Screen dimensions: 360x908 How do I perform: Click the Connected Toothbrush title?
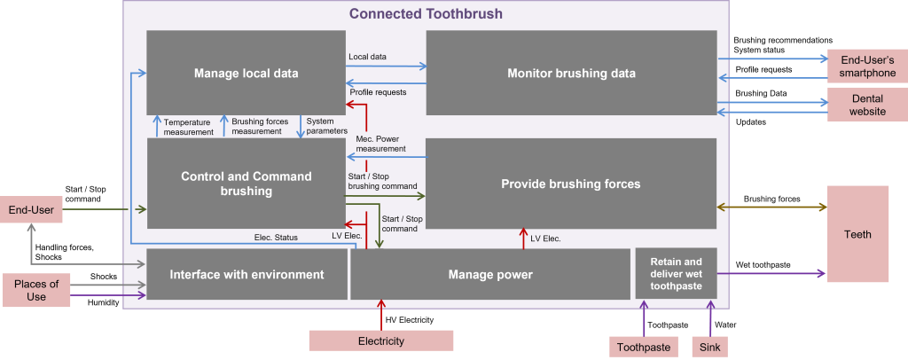pos(426,13)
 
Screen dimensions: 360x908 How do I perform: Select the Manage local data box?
pos(246,73)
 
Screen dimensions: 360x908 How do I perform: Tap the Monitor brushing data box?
pos(571,73)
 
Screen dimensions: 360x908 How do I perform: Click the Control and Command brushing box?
pos(246,183)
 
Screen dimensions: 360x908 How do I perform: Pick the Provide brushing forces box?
pos(571,184)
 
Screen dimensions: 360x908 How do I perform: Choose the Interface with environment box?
pos(247,274)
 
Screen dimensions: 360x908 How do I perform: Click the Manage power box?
pos(490,274)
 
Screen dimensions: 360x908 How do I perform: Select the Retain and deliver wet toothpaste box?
pos(676,274)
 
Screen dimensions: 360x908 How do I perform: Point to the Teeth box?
pos(857,234)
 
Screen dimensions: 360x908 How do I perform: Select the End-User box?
pos(31,210)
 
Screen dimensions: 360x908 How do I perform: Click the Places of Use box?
pos(35,291)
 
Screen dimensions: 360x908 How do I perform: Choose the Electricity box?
pos(380,340)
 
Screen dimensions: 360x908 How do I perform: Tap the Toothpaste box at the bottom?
pos(643,347)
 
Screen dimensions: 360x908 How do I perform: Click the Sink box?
pos(709,347)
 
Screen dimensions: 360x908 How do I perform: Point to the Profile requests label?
pos(378,91)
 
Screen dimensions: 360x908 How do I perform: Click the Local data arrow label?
pos(367,57)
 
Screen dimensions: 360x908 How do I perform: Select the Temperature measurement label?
pos(188,127)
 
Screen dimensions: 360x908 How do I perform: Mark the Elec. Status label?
pos(276,237)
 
